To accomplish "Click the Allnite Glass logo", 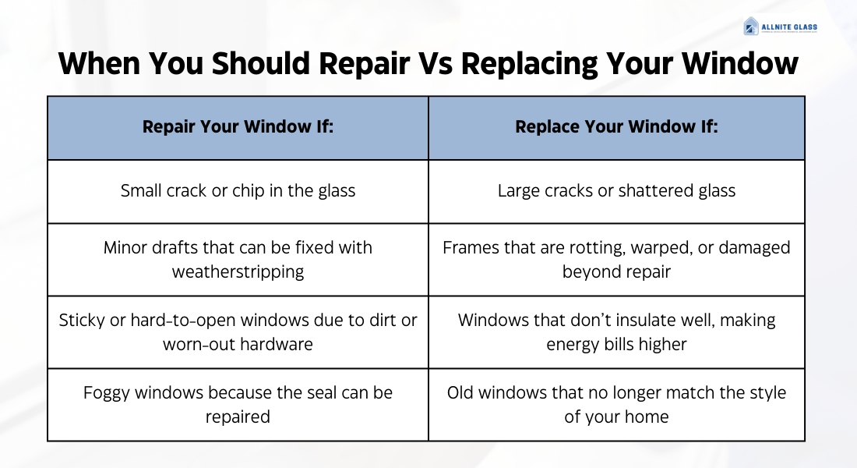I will point(780,27).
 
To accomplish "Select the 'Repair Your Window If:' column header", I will point(238,127).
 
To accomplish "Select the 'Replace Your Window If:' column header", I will point(616,127).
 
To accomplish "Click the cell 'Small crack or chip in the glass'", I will point(238,191).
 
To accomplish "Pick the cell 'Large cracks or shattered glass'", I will point(616,191).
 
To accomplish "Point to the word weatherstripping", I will point(238,272).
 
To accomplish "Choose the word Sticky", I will point(82,321).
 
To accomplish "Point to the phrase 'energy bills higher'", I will point(616,344).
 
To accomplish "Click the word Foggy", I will point(108,392).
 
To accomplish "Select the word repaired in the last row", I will point(238,417).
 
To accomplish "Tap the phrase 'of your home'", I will point(616,417).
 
